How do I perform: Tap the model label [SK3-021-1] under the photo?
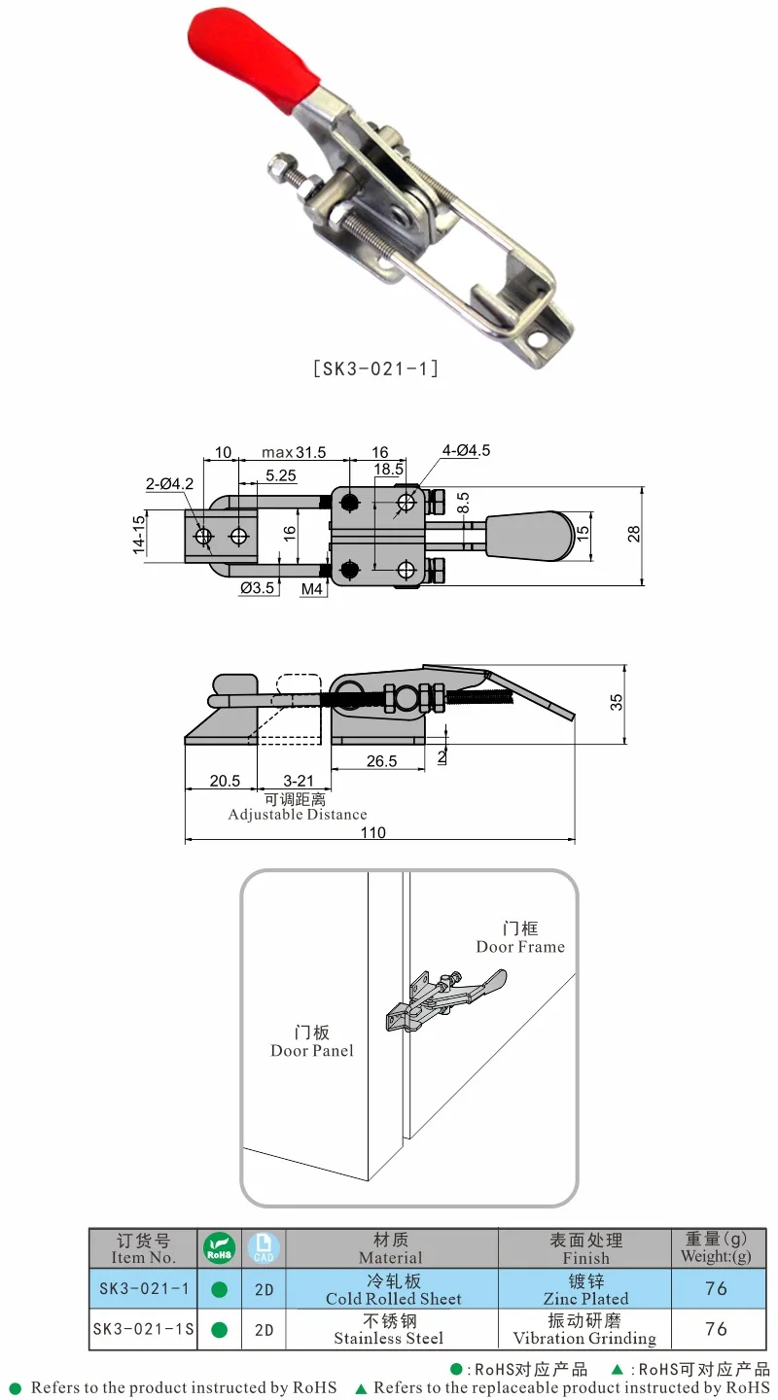pos(375,368)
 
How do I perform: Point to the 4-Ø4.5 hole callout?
pos(466,451)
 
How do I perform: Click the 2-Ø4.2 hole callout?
pos(169,483)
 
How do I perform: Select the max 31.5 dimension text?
pos(294,452)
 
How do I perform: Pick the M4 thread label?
pos(312,589)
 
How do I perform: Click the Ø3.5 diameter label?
pos(258,589)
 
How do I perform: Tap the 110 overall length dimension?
pos(372,832)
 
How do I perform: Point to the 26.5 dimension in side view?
pos(381,761)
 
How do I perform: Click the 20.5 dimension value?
pos(224,781)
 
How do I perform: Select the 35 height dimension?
pos(617,703)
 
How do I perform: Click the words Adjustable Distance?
pos(298,815)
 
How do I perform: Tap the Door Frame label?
pos(520,946)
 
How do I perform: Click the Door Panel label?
pos(312,1050)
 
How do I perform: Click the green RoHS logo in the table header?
pos(219,1247)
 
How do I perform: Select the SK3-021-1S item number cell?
pos(143,1329)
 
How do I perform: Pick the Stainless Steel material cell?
pos(389,1338)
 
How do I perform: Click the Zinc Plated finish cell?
pos(585,1298)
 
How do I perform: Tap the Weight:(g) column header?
pos(717,1255)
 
